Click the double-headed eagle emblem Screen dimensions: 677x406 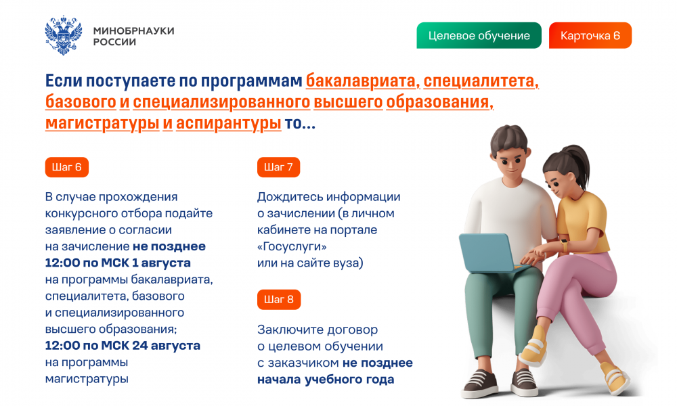pos(64,35)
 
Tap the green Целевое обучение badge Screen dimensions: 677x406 pos(479,35)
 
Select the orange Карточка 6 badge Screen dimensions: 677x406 pos(590,35)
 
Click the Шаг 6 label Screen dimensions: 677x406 pos(67,167)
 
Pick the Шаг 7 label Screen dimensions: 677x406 pos(278,167)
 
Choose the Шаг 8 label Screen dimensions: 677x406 pos(279,300)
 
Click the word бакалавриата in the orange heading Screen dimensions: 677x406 pos(362,81)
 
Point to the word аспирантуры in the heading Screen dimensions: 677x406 pos(229,123)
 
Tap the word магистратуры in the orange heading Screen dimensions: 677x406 pos(102,123)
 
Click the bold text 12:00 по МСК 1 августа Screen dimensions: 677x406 pos(118,263)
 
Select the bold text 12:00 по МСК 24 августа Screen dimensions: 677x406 pos(123,346)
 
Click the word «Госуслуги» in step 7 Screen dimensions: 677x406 pos(292,246)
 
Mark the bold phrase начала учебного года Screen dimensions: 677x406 pos(326,379)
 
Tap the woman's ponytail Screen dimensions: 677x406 pos(580,164)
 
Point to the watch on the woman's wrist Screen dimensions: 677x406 pos(564,245)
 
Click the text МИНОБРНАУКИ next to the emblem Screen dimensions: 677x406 pos(134,30)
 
